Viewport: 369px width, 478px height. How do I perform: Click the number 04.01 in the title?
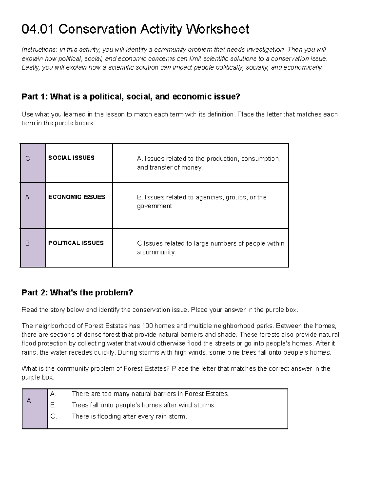tap(38, 29)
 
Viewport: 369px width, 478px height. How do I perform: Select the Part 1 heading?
tap(131, 97)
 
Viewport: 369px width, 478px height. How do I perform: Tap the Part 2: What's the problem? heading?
tap(77, 292)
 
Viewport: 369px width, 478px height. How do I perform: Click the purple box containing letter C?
tap(33, 163)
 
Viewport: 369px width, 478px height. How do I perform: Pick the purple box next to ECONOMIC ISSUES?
tap(33, 205)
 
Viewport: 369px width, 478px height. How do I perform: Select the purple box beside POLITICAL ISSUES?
tap(33, 248)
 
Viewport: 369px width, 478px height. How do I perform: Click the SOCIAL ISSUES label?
tap(71, 158)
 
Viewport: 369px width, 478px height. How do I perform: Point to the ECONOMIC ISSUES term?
tap(77, 197)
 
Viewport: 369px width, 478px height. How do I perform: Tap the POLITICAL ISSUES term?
tap(76, 243)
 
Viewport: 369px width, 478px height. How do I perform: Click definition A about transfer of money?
tap(208, 163)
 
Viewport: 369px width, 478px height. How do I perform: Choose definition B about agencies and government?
tap(202, 202)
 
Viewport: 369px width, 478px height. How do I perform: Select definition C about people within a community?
tap(210, 247)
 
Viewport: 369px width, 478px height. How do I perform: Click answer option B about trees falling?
tap(144, 405)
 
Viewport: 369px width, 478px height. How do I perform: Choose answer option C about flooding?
tap(129, 416)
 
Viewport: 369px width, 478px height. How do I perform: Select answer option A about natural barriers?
tap(150, 394)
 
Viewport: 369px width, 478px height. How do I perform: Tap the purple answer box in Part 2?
tap(35, 409)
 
